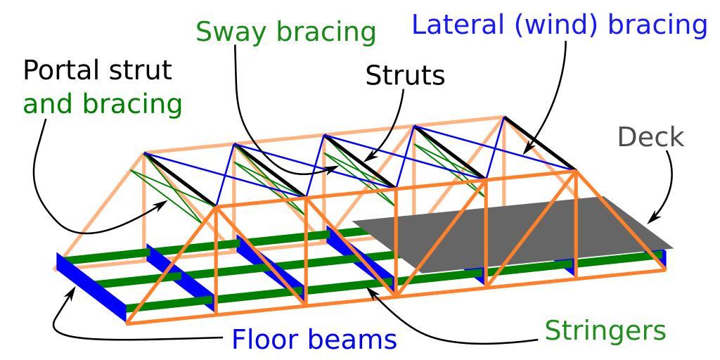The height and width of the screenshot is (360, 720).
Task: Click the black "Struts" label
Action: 405,75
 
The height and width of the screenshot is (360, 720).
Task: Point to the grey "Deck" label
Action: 650,137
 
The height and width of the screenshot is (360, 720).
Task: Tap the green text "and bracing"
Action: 102,104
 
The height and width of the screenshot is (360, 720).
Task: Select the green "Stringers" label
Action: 605,329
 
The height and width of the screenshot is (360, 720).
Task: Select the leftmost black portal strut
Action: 179,180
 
